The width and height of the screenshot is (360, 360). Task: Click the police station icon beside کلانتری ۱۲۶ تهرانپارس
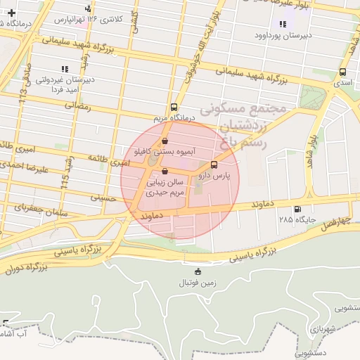[x=87, y=9]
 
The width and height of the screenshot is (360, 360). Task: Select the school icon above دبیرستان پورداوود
[x=282, y=24]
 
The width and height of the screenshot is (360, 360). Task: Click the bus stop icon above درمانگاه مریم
[x=174, y=104]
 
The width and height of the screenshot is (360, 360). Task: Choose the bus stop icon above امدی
[x=342, y=72]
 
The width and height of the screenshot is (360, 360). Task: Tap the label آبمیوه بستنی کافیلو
[x=163, y=151]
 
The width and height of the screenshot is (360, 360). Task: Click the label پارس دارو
[x=214, y=174]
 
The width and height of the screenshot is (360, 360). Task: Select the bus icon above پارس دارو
[x=214, y=165]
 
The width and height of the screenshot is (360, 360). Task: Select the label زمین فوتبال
[x=197, y=283]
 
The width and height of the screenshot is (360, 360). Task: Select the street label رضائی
[x=78, y=105]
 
